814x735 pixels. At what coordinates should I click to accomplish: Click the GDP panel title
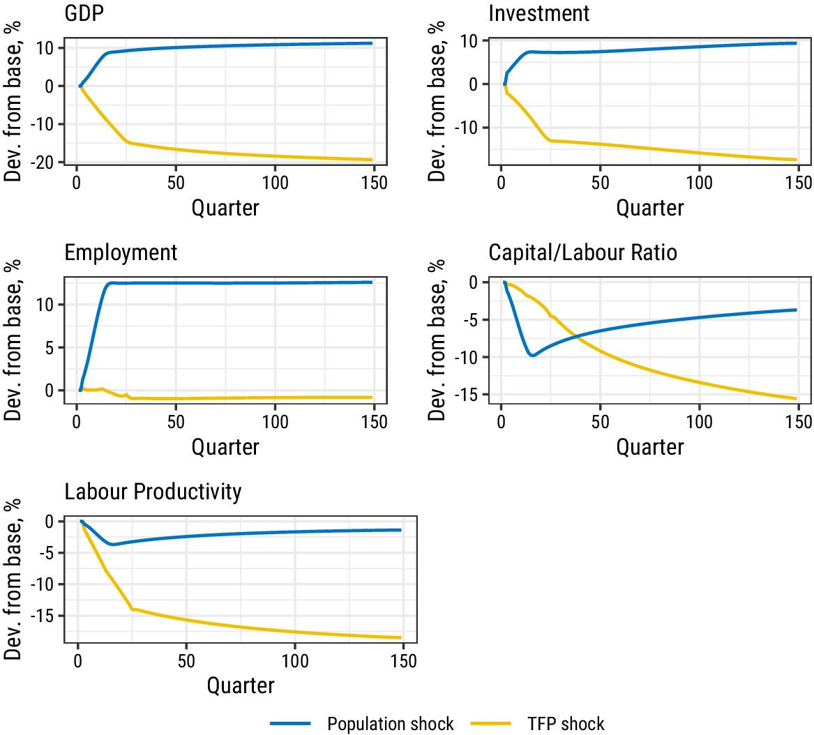coord(84,13)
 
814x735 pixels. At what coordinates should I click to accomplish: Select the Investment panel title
coord(538,13)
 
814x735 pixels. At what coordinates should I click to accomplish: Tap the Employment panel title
coord(121,252)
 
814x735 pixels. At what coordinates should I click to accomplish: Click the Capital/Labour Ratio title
coord(582,252)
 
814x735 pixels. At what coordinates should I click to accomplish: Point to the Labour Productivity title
coord(153,492)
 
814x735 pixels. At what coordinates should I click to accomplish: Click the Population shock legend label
coord(390,724)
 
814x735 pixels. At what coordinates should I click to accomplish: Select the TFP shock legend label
coord(566,724)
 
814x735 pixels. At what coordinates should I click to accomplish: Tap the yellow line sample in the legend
coord(492,724)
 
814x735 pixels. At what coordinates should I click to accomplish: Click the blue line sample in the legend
coord(291,724)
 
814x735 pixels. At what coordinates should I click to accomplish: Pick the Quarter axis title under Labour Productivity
coord(241,685)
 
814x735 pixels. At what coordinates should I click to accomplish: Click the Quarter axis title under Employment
coord(225,446)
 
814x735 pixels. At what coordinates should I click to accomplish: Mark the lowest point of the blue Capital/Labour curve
coord(532,356)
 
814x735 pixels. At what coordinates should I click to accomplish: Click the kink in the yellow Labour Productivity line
coord(133,609)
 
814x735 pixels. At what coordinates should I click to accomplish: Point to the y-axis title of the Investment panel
coord(437,101)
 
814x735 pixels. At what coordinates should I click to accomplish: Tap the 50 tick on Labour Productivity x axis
coord(186,661)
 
